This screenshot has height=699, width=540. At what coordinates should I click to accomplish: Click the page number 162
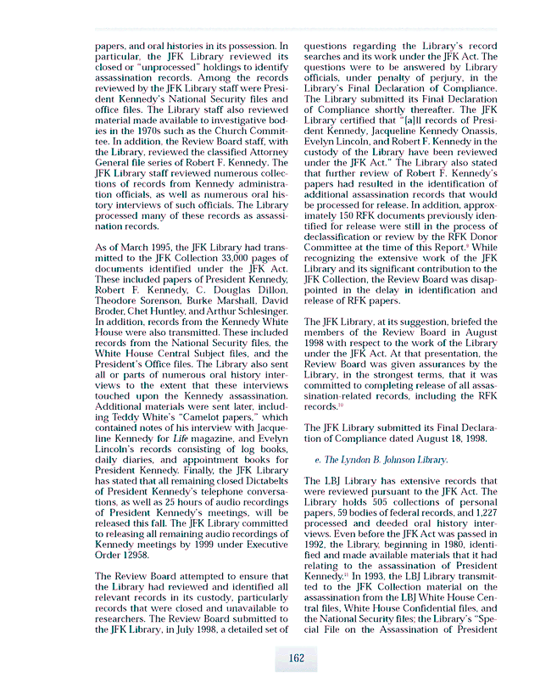pyautogui.click(x=296, y=657)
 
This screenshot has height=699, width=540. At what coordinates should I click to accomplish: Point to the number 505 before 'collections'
pyautogui.click(x=373, y=501)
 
